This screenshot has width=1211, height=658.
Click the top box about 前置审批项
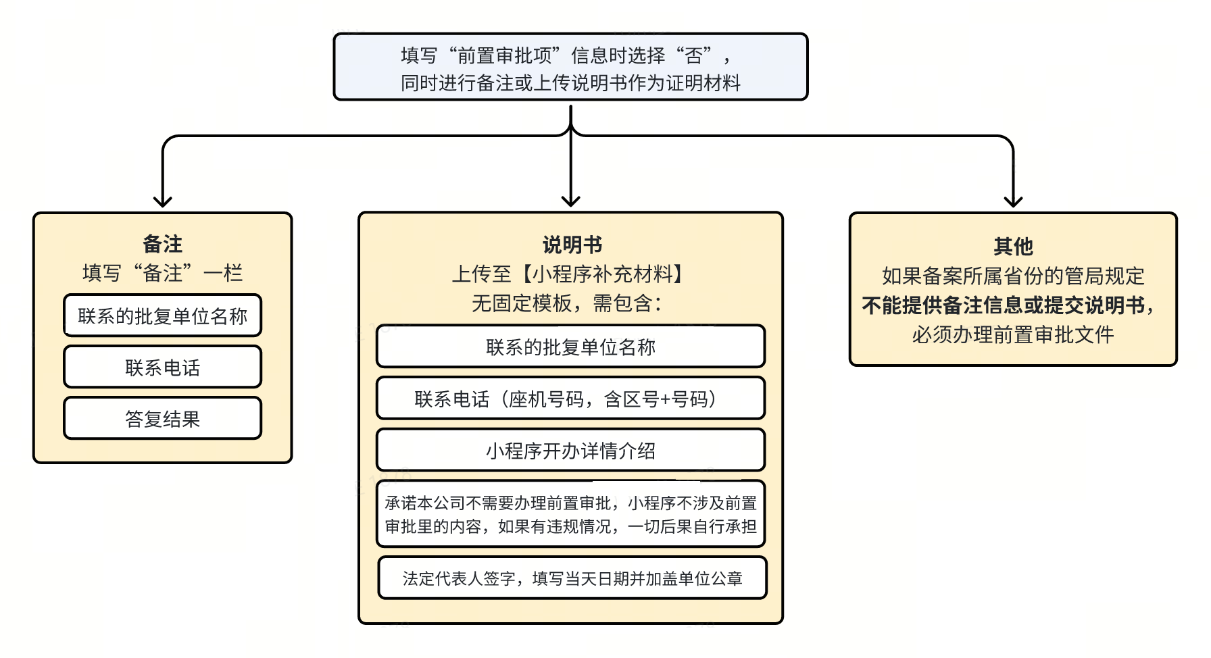[x=570, y=68]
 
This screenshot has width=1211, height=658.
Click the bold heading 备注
[x=162, y=244]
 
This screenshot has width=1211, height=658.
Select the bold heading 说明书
[x=571, y=245]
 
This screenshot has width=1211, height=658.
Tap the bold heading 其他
[x=1012, y=247]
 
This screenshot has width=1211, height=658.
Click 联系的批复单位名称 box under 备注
[x=162, y=316]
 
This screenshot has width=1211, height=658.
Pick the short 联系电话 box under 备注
[x=162, y=368]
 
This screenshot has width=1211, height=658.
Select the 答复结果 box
[x=162, y=419]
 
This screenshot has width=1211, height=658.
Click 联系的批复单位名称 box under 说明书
[x=570, y=347]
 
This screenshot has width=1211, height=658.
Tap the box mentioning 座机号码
[x=570, y=399]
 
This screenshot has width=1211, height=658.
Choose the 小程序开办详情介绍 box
[x=570, y=451]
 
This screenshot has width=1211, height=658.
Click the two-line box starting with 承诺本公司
[x=570, y=514]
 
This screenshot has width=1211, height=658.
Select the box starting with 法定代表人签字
[x=572, y=578]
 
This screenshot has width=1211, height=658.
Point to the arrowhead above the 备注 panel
[x=162, y=201]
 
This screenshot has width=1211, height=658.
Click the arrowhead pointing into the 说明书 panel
[x=571, y=201]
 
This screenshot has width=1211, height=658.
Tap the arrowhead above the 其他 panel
[x=1013, y=201]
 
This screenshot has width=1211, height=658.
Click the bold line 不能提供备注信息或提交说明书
[x=1008, y=305]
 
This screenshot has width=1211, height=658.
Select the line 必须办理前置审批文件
[x=1012, y=334]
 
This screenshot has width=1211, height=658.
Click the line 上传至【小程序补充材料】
[x=571, y=274]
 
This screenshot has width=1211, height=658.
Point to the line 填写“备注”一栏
[x=162, y=273]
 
